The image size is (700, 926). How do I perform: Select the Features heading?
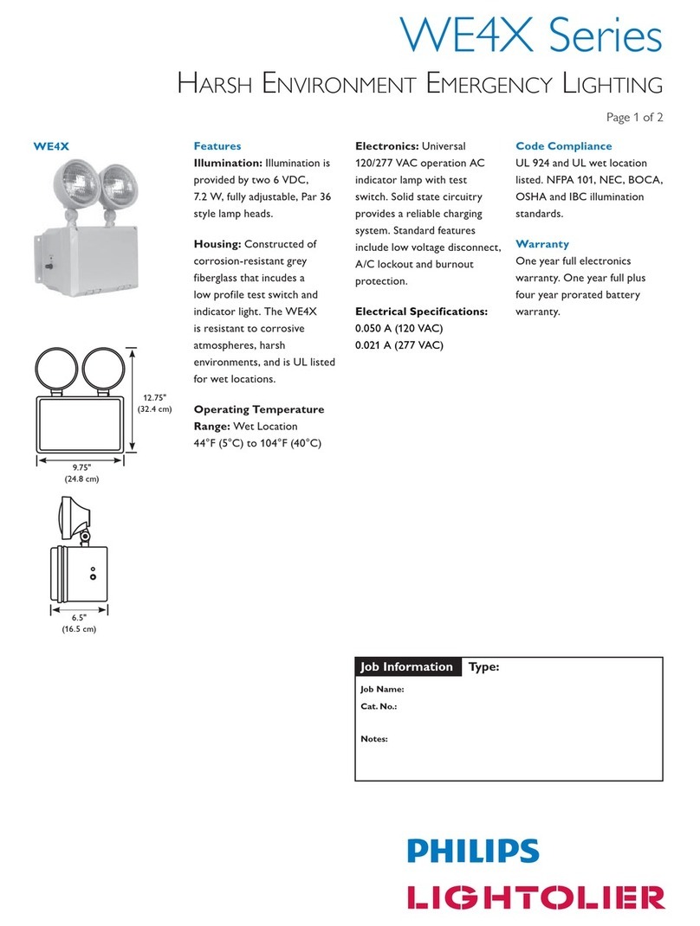[x=217, y=146]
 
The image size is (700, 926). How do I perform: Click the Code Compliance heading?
[x=563, y=146]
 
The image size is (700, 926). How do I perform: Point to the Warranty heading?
[x=542, y=244]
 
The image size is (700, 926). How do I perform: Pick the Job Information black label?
[x=407, y=666]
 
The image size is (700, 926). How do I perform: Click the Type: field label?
[x=484, y=666]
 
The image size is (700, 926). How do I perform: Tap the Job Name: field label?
[x=382, y=690]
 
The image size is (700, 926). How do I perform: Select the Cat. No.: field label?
[x=379, y=706]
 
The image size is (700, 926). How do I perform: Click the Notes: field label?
[x=374, y=739]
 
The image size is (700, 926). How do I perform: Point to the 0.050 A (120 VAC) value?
[x=399, y=329]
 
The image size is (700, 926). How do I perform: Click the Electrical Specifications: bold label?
[x=422, y=312]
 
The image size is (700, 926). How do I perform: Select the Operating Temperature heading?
[x=259, y=409]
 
